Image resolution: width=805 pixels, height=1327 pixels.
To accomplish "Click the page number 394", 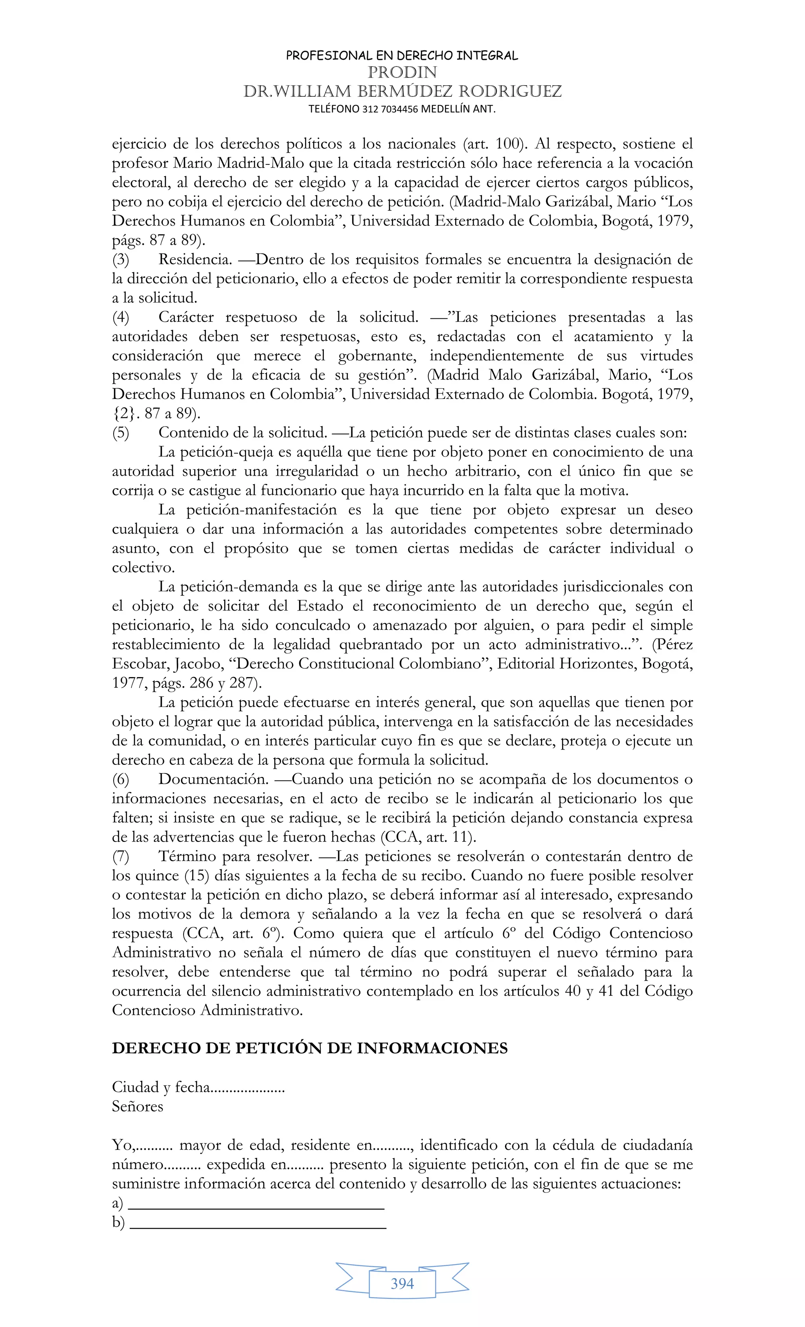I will point(402,1283).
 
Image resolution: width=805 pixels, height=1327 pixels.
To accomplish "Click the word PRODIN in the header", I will point(402,72).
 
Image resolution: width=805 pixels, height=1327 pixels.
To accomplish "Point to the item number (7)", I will point(121,856).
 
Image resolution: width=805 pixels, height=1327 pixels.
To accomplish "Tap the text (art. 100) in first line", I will point(494,144).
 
